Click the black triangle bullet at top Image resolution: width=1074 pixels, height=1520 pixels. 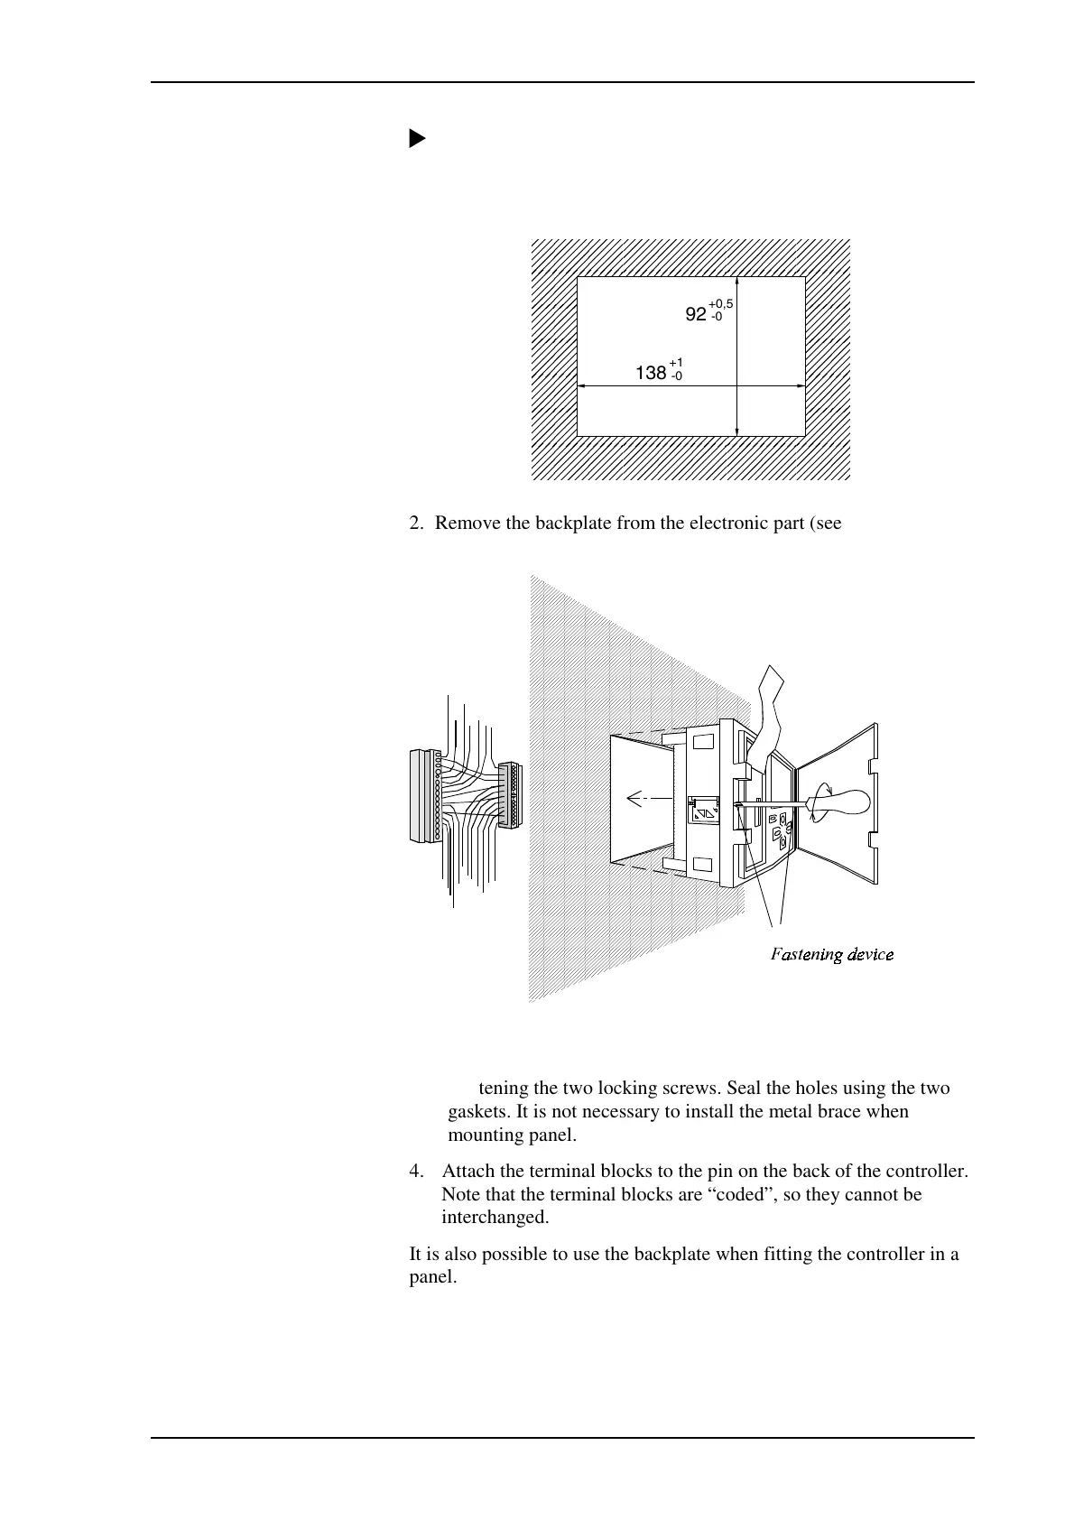[416, 139]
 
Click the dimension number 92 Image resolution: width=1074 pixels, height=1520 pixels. [695, 315]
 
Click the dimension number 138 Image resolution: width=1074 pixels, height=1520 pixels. [651, 373]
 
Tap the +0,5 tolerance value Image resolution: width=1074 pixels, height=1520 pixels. [720, 304]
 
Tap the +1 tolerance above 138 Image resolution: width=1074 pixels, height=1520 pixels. [676, 362]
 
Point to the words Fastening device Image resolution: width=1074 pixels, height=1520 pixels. [831, 954]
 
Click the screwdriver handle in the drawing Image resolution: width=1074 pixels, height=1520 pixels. [844, 802]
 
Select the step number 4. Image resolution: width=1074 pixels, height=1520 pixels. [415, 1172]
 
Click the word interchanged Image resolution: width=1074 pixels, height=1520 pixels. [495, 1218]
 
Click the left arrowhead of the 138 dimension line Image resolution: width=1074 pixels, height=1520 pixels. [581, 386]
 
